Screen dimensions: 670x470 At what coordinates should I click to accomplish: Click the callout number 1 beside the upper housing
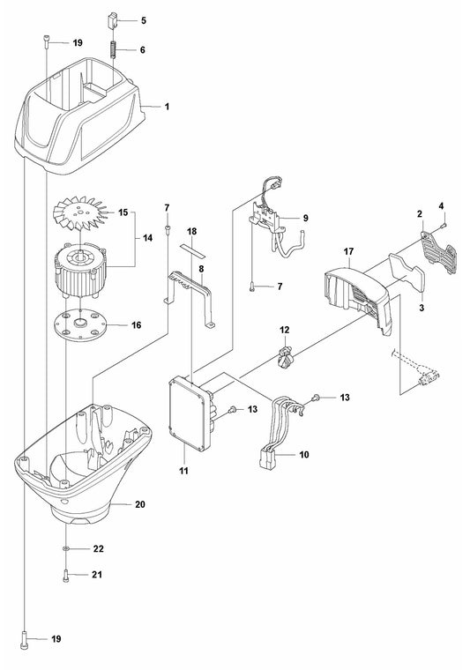(167, 106)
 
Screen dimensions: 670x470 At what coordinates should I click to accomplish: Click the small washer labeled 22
(68, 548)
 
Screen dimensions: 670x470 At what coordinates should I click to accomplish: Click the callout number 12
(285, 329)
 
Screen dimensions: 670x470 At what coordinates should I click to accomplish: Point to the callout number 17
(349, 251)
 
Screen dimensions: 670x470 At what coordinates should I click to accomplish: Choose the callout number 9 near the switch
(305, 217)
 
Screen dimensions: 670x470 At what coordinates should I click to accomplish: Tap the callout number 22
(99, 548)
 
